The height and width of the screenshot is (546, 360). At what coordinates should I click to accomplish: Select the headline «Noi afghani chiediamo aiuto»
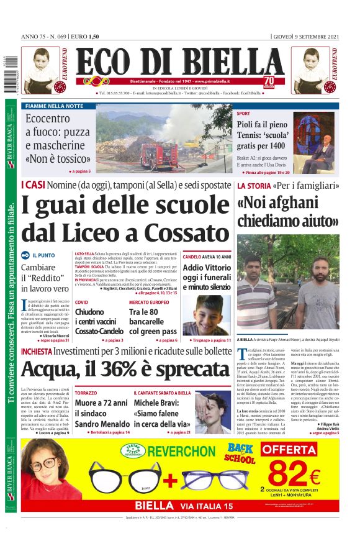point(287,211)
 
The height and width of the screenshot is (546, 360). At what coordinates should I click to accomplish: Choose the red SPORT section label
point(243,114)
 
